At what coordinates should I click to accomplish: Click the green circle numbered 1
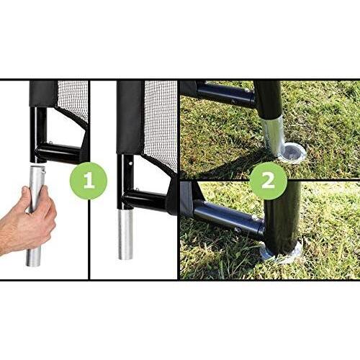(x=89, y=181)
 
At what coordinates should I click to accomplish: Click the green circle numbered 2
(x=268, y=181)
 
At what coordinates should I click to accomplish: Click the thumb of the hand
(x=28, y=199)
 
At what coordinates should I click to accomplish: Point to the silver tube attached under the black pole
(x=125, y=234)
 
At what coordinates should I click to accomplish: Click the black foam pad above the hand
(x=43, y=94)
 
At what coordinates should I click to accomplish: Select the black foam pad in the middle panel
(x=130, y=117)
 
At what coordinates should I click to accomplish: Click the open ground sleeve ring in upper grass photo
(x=294, y=152)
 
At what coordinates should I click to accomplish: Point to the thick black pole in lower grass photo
(x=283, y=218)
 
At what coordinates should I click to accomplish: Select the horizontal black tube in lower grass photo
(x=228, y=217)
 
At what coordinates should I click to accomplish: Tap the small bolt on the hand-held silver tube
(x=43, y=171)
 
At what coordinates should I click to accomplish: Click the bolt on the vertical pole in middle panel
(x=130, y=163)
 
